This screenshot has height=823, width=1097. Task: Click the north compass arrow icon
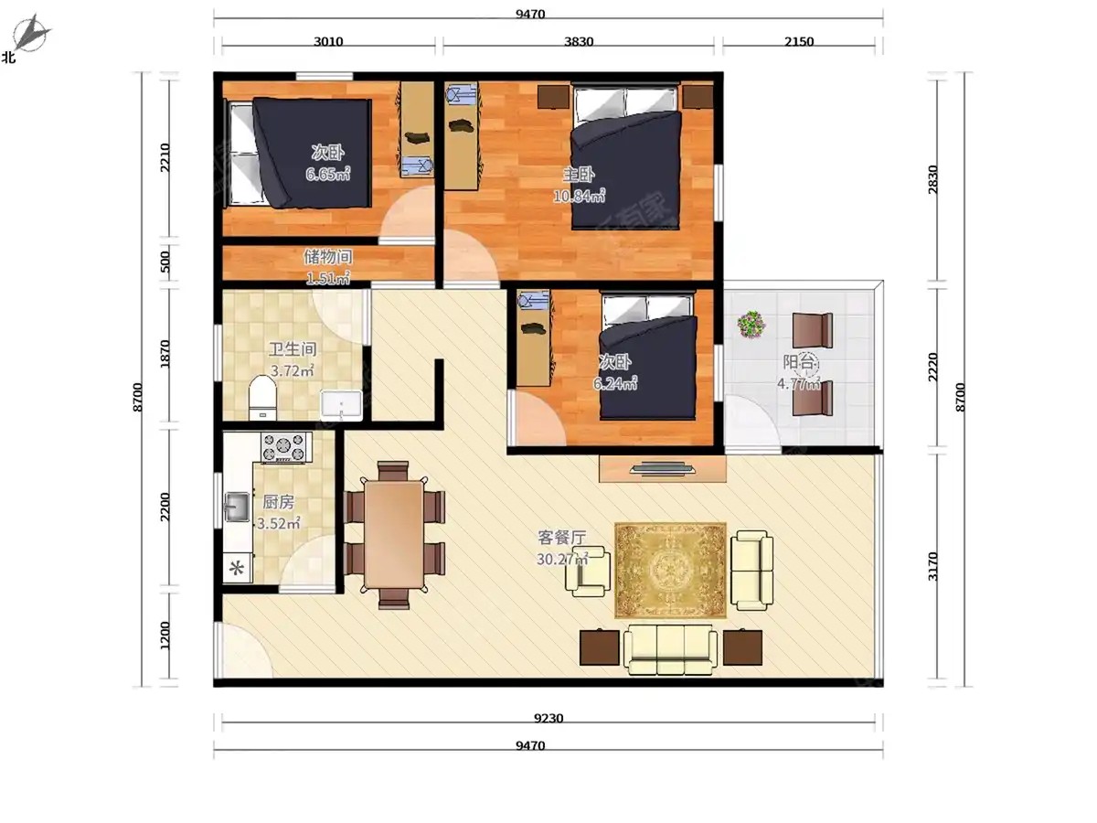click(31, 34)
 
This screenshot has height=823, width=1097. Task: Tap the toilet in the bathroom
click(262, 397)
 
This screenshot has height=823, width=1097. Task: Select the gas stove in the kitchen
click(286, 446)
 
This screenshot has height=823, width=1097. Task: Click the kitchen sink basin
click(237, 507)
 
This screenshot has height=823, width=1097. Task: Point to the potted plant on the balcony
click(751, 324)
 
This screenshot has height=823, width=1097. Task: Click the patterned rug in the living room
click(670, 570)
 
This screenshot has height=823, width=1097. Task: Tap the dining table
click(394, 534)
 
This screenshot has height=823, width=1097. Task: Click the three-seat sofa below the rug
click(670, 649)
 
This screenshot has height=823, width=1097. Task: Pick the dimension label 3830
click(579, 41)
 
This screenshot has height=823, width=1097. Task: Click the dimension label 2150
click(799, 41)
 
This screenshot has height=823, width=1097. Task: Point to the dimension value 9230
click(548, 718)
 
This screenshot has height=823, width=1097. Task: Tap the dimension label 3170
click(932, 566)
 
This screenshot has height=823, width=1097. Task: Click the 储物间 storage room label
click(328, 256)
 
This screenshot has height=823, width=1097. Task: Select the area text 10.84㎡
click(580, 196)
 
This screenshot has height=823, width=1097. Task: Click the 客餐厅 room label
click(561, 538)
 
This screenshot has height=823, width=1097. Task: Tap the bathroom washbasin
click(341, 405)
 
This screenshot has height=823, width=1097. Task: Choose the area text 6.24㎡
click(614, 383)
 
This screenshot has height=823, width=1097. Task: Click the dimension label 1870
click(165, 354)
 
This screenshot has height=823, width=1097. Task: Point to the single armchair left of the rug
click(588, 571)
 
